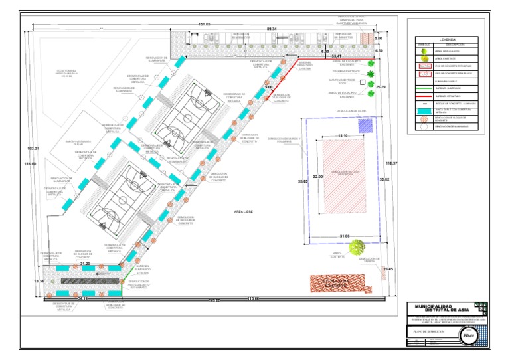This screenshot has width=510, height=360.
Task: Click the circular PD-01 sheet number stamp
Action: click(x=473, y=337)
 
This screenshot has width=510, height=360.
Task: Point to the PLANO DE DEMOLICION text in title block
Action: click(x=428, y=329)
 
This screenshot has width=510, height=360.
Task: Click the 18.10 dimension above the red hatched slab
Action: click(x=343, y=135)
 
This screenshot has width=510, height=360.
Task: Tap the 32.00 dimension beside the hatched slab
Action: click(x=317, y=177)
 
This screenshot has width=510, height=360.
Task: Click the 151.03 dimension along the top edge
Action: click(x=205, y=25)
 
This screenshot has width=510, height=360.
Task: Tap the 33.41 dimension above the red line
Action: click(x=337, y=56)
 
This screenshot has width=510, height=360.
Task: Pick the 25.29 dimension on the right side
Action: click(x=380, y=87)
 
